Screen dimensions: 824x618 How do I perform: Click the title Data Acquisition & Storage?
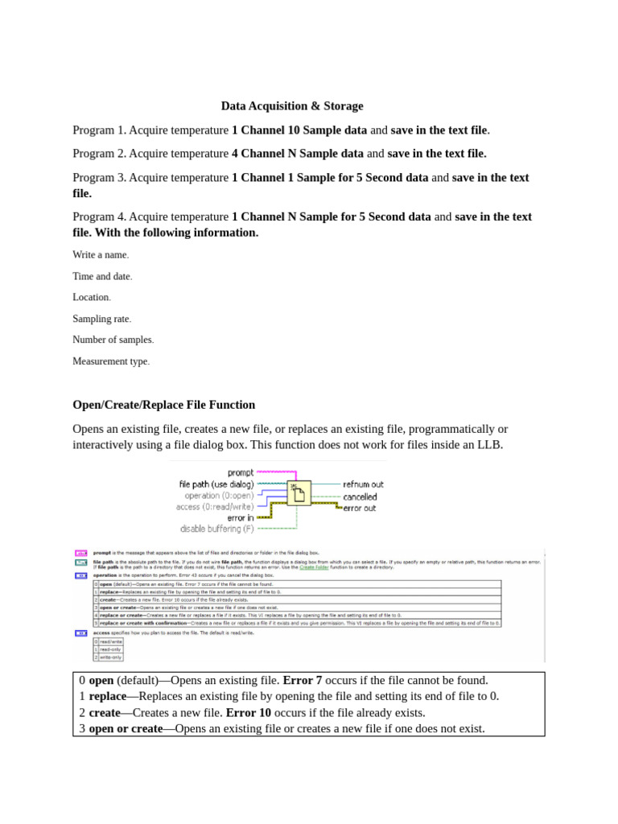[292, 106]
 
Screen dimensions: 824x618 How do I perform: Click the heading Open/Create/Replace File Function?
[163, 405]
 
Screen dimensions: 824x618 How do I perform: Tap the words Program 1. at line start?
[99, 130]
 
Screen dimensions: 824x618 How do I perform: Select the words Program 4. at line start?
[99, 217]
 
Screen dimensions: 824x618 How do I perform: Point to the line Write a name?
[101, 255]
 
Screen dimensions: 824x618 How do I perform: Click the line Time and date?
[102, 276]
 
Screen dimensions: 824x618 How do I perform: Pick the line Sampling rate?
[101, 319]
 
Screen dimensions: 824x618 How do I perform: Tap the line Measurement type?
[111, 362]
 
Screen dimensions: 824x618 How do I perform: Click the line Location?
[91, 298]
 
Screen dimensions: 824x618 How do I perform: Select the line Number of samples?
[113, 340]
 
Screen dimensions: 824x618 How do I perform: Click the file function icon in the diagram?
[299, 492]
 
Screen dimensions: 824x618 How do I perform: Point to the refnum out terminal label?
[363, 484]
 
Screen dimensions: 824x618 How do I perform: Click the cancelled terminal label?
[360, 496]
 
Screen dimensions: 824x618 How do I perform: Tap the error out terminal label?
[359, 509]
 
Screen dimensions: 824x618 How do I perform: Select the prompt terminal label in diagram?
[241, 473]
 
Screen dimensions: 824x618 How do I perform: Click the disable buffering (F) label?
[216, 529]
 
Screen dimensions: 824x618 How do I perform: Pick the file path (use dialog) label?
[216, 484]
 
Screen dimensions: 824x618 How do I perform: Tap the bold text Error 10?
[248, 713]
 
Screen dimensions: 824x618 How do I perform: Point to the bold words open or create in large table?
[126, 729]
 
